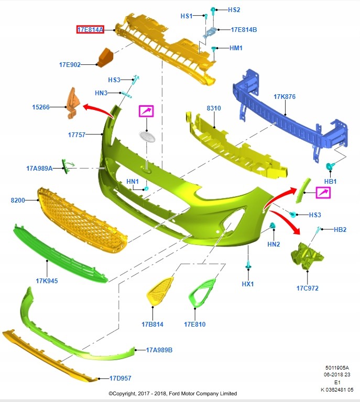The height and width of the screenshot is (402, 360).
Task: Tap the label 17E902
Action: (x=70, y=65)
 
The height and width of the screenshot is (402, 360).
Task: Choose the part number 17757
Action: (x=77, y=135)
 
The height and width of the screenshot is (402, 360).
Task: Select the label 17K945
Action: (x=47, y=281)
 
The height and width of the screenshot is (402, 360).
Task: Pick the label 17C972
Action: (x=307, y=288)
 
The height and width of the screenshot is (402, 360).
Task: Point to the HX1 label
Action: (x=248, y=284)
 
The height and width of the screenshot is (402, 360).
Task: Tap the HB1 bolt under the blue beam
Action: (x=330, y=167)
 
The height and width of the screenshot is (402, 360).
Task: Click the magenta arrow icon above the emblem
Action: (x=147, y=111)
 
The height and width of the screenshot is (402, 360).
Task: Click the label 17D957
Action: (x=120, y=378)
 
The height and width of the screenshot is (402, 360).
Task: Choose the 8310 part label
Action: (x=214, y=108)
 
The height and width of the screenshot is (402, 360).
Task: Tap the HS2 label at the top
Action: (x=234, y=10)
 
